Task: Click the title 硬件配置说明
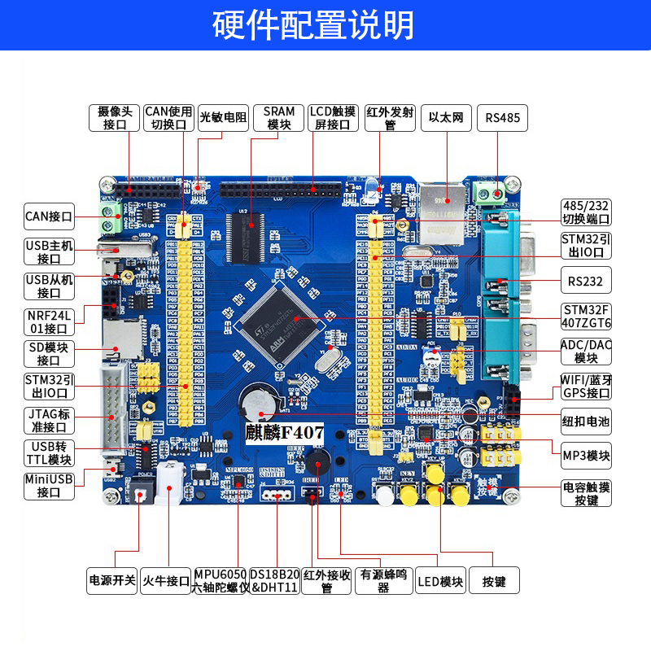(x=325, y=25)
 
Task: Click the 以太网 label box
(x=447, y=118)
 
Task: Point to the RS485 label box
(x=502, y=118)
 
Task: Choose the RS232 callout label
(x=586, y=282)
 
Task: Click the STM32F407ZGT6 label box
(x=586, y=317)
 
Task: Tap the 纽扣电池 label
(x=586, y=421)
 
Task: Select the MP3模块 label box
(x=586, y=456)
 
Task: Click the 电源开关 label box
(x=111, y=582)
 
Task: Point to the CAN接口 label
(x=49, y=217)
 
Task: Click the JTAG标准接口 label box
(x=49, y=421)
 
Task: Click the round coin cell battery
(x=258, y=400)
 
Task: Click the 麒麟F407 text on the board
(x=285, y=433)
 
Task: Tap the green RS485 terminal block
(x=490, y=192)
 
